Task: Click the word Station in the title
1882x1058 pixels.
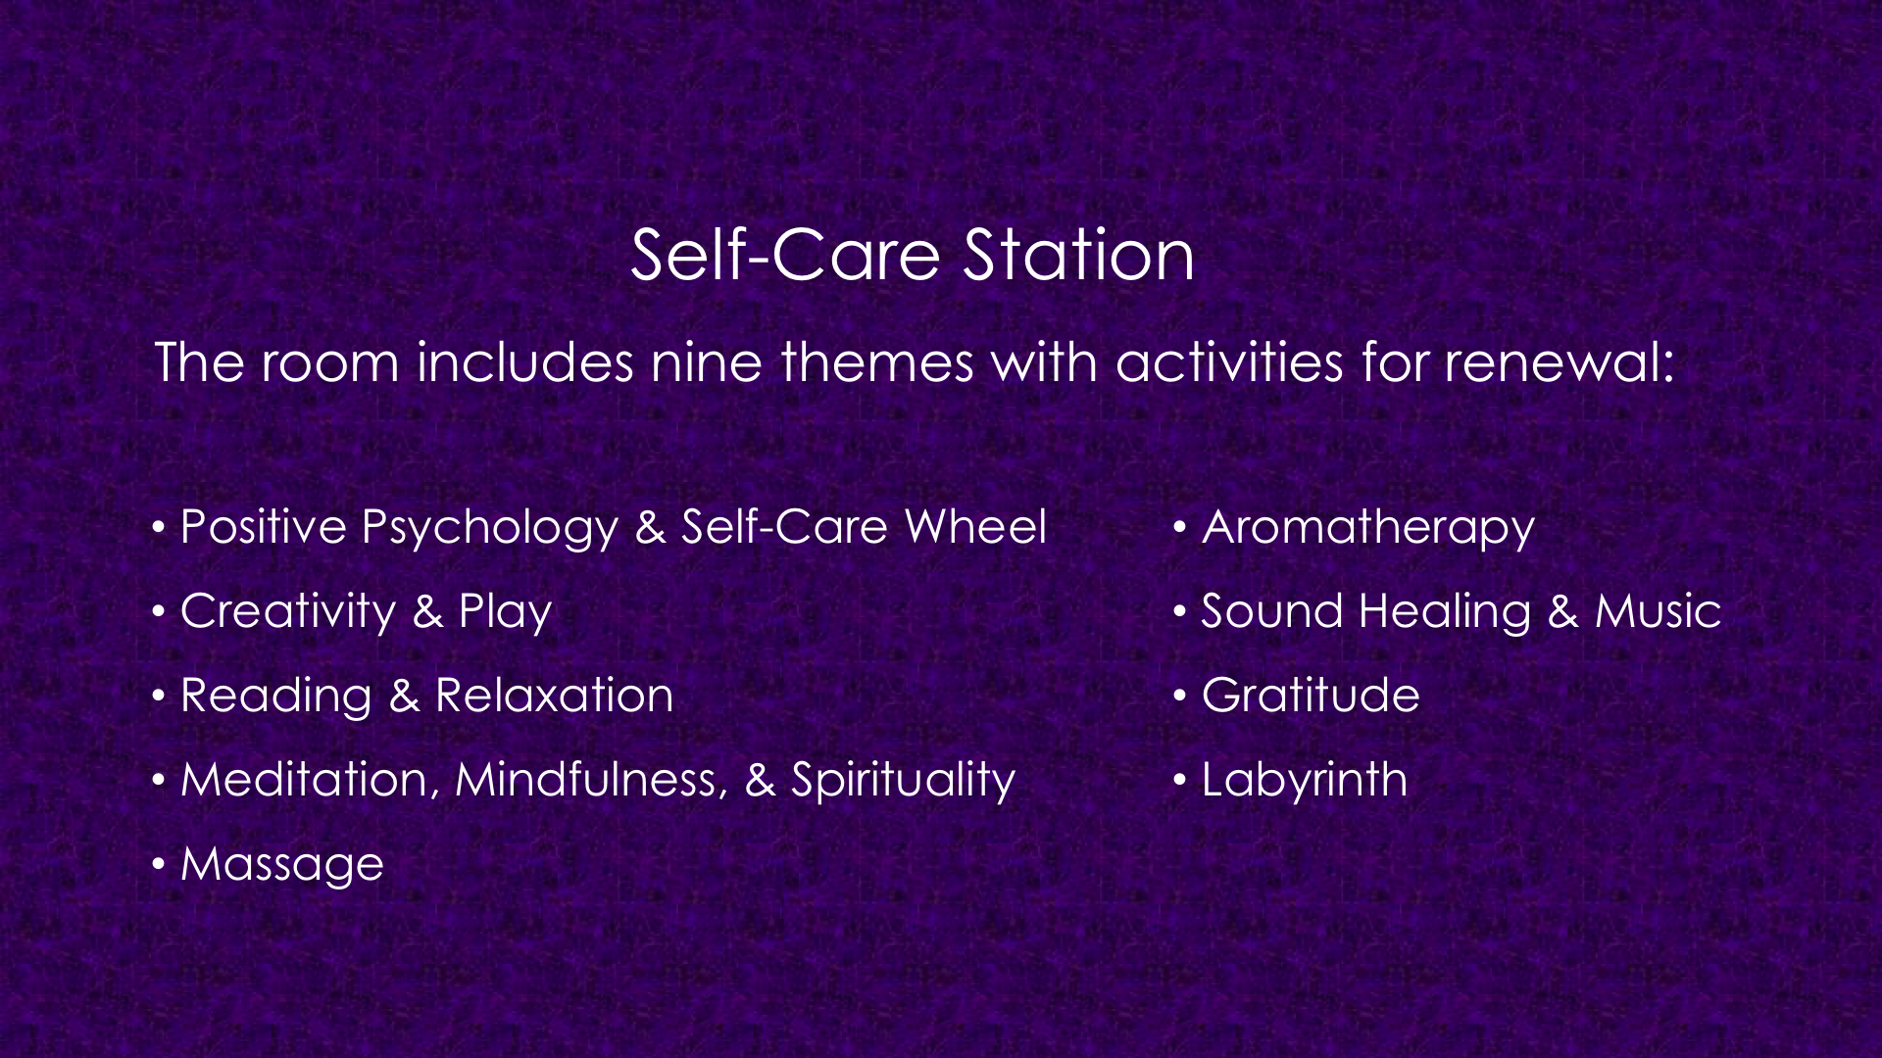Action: [x=1078, y=255]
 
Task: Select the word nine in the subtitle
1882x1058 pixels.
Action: [x=707, y=362]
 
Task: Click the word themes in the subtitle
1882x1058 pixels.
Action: [x=877, y=362]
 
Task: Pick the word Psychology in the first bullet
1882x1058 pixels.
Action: [x=490, y=529]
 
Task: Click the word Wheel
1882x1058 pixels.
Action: [x=976, y=527]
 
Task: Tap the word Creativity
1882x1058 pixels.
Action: [x=288, y=613]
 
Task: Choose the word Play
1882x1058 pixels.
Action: [x=506, y=613]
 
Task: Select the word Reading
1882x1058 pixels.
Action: [x=276, y=697]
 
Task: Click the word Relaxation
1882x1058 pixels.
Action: [x=555, y=696]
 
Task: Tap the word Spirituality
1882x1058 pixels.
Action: [x=903, y=782]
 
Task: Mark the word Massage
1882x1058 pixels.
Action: [x=282, y=866]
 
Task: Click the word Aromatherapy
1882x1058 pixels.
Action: [x=1368, y=529]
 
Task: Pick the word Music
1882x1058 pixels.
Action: [x=1659, y=611]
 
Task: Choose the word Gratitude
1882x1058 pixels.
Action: [x=1311, y=696]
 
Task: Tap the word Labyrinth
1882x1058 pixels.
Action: [x=1305, y=782]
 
